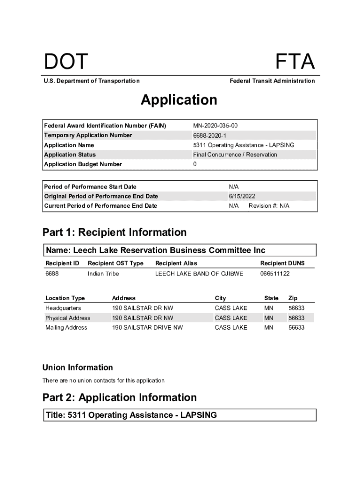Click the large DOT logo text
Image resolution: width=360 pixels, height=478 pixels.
point(66,62)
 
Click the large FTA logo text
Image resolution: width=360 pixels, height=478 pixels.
point(295,62)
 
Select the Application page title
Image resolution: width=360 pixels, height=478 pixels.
point(179,100)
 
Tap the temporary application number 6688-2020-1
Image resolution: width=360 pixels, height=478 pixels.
point(209,135)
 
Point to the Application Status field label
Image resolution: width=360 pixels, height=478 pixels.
point(70,155)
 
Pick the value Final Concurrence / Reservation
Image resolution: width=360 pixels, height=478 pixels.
point(235,155)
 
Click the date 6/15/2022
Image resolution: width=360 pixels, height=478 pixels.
point(242,196)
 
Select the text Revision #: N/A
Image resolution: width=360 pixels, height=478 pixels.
point(269,206)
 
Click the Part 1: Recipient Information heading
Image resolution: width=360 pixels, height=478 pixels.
point(115,232)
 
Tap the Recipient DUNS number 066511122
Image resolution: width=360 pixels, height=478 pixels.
point(275,274)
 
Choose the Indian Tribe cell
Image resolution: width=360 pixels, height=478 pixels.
point(103,274)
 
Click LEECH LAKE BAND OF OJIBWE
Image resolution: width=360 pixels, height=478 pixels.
point(199,274)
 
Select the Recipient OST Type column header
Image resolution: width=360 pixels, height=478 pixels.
point(115,263)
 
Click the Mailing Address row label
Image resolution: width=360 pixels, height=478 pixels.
point(66,328)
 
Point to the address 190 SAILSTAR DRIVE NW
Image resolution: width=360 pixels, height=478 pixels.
point(147,328)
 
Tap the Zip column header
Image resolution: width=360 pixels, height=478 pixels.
point(293,298)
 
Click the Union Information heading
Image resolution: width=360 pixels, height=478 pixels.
point(78,367)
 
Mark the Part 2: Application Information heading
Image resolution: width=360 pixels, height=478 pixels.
point(120,397)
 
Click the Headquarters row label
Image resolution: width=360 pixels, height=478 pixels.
point(63,308)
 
